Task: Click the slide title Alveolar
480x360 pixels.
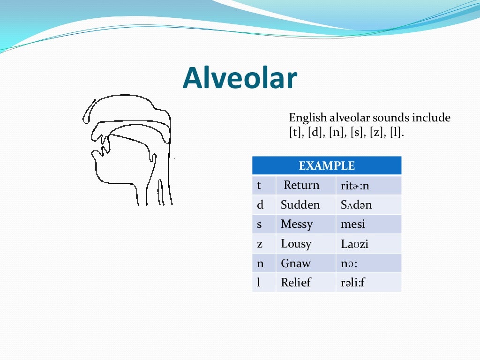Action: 240,78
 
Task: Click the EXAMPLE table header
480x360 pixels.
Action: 327,165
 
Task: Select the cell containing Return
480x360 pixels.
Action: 301,185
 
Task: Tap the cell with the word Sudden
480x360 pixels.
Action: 300,205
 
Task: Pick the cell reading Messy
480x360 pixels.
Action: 297,225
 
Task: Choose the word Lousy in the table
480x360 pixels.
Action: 296,244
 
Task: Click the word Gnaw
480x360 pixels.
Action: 295,263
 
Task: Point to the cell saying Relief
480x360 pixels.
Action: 296,283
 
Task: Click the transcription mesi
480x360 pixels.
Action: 353,225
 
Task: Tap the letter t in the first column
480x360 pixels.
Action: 259,186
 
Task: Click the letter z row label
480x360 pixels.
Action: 260,244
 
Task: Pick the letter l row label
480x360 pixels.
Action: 259,283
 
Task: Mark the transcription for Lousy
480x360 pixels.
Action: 354,244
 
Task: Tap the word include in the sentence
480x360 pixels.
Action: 431,118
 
